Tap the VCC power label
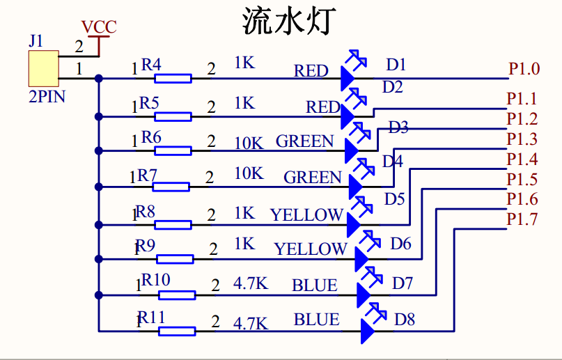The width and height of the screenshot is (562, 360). click(x=99, y=28)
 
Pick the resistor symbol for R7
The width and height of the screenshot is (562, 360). click(x=171, y=186)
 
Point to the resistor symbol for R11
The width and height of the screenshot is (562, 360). click(x=176, y=331)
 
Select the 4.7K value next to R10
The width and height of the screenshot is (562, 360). click(x=251, y=284)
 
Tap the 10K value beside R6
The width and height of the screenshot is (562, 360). click(x=249, y=143)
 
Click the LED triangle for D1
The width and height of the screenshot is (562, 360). click(x=349, y=78)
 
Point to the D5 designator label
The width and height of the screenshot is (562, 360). click(x=394, y=199)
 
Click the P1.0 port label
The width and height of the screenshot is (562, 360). click(x=524, y=69)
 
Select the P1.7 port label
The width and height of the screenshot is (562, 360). click(x=522, y=220)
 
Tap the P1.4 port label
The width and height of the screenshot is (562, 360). click(x=522, y=159)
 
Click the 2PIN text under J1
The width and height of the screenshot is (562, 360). click(x=47, y=97)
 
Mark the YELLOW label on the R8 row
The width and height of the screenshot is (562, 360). click(x=306, y=214)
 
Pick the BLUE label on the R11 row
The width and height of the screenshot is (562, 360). click(x=316, y=320)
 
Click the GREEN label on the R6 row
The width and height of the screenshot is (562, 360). click(x=305, y=141)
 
